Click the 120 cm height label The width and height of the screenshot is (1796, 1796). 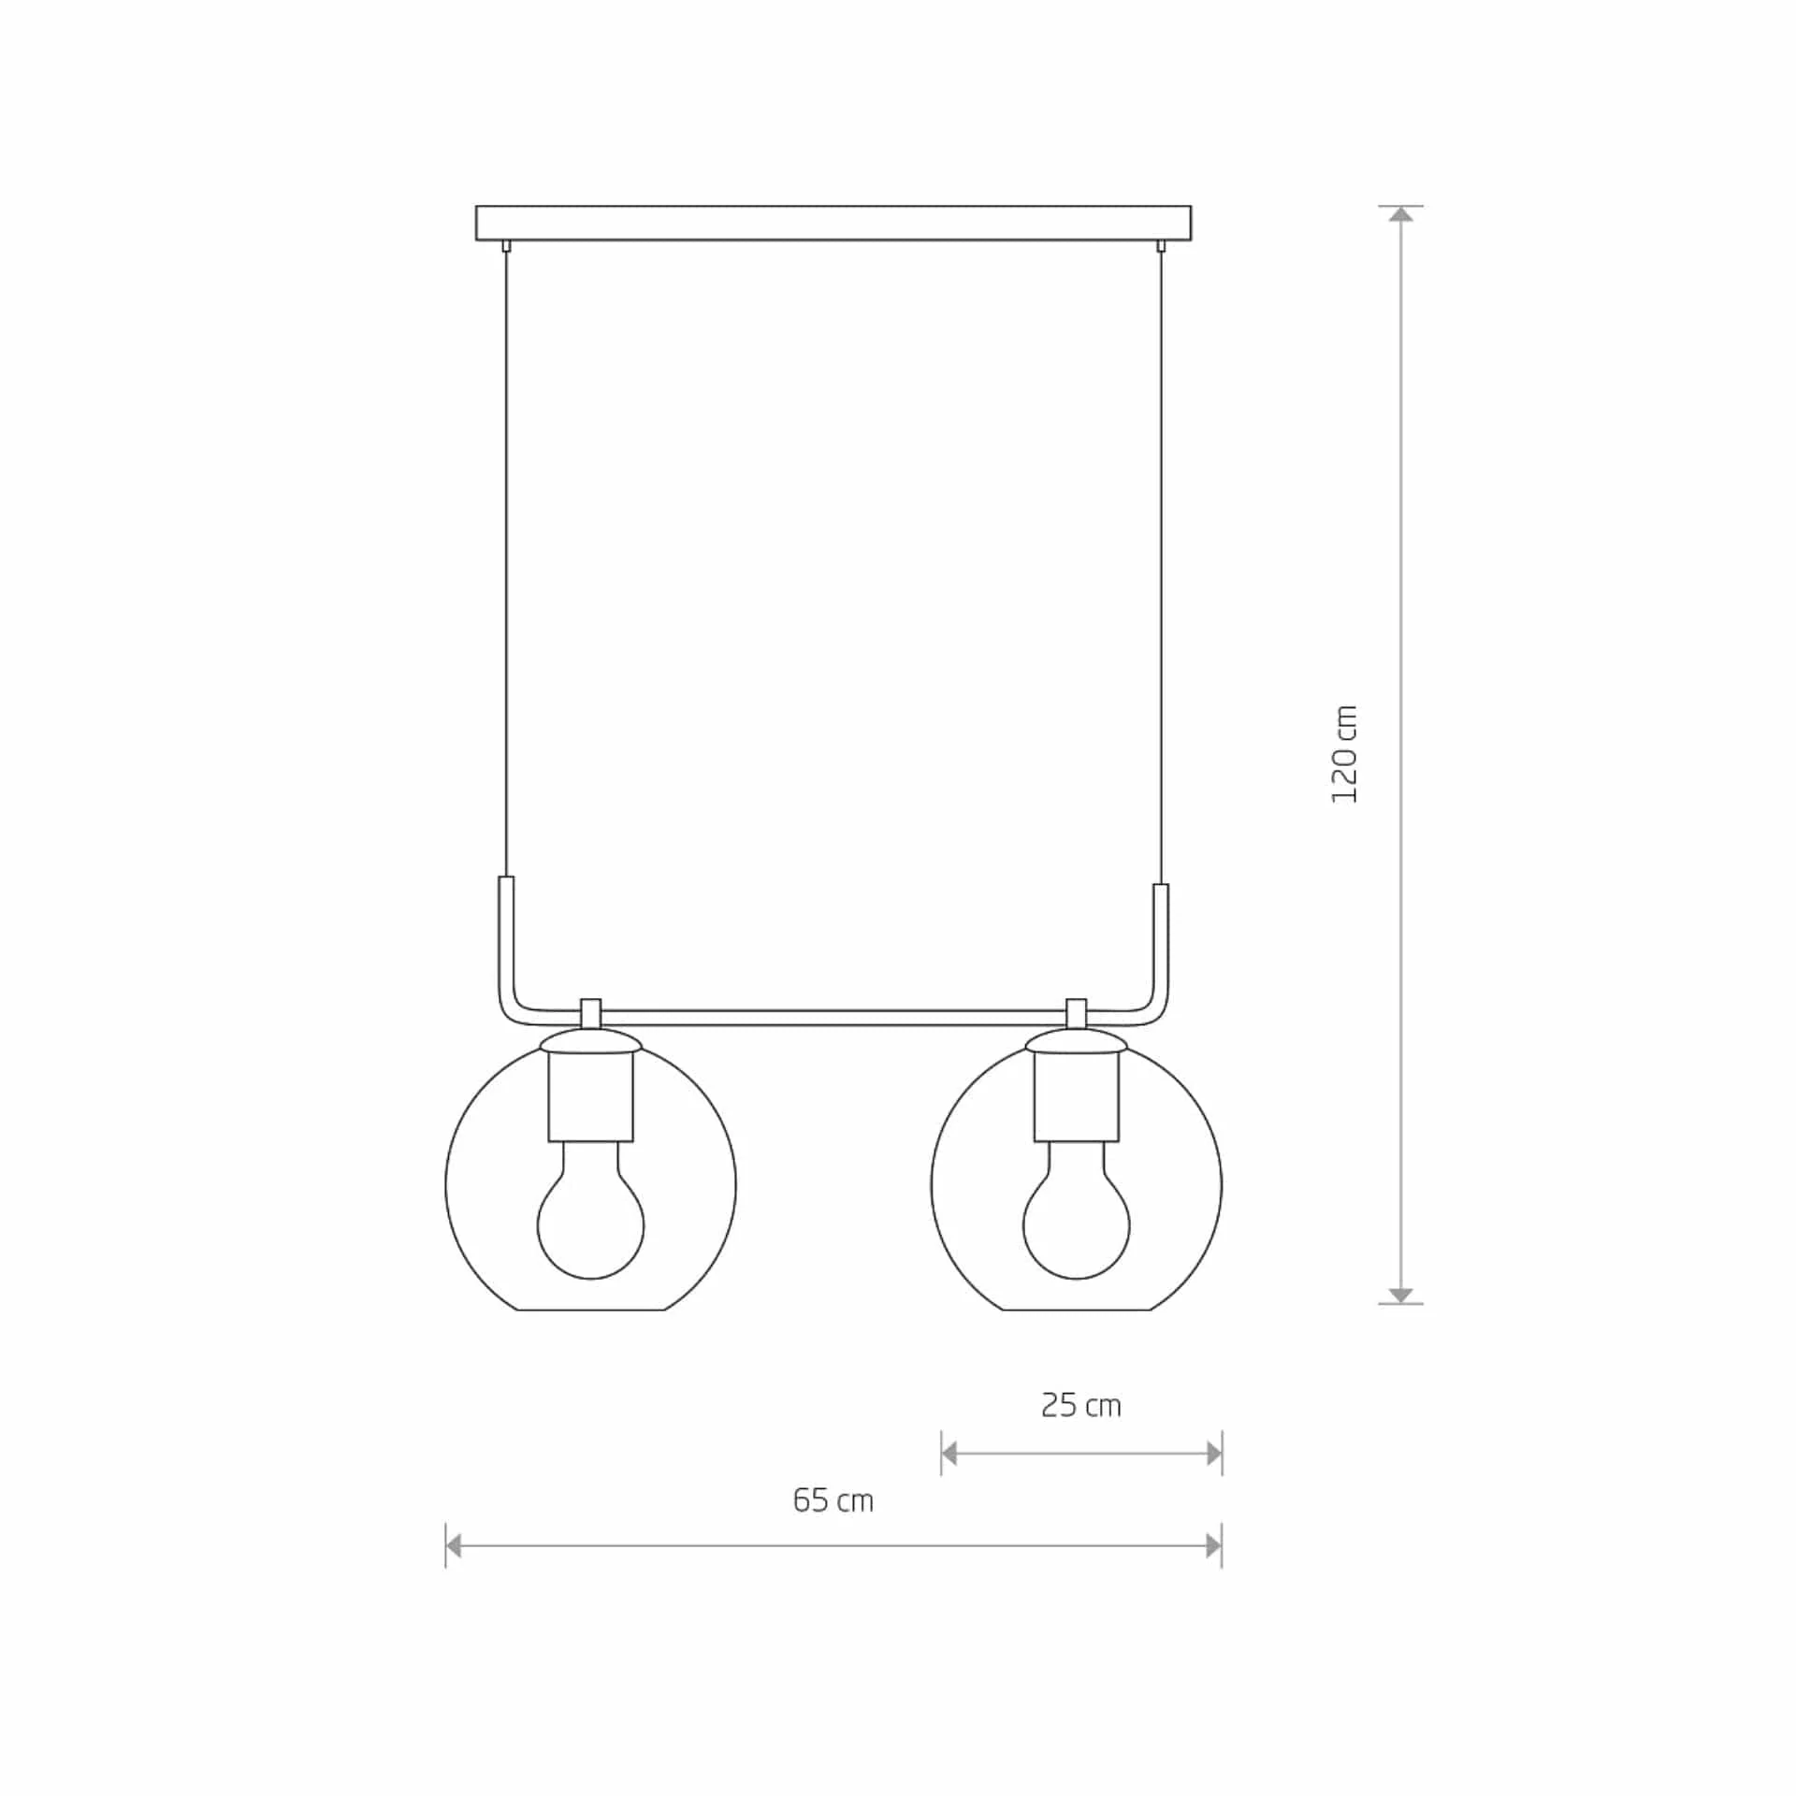pos(1344,754)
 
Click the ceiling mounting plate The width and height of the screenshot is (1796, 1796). pos(833,223)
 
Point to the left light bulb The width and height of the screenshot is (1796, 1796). pos(590,1209)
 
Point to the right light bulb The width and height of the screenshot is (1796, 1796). pos(1077,1209)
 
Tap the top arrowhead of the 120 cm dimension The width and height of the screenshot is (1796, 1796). pos(1400,214)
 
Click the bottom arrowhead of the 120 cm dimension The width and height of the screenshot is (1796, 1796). pos(1400,1295)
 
